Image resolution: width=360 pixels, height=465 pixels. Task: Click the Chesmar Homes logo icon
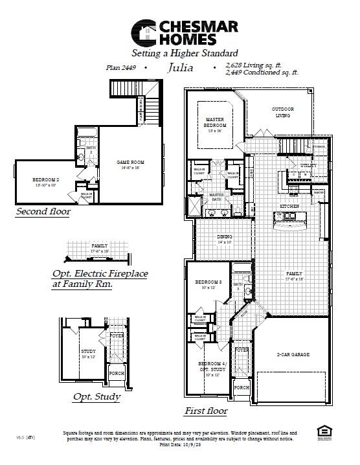tap(144, 32)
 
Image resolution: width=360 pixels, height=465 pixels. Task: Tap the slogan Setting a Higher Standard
tap(185, 52)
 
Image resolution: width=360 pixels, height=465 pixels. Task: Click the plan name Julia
tap(180, 67)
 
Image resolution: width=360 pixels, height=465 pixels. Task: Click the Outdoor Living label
tap(283, 112)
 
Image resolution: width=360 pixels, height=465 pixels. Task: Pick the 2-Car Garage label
tap(293, 355)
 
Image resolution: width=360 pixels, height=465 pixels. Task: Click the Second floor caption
tap(43, 211)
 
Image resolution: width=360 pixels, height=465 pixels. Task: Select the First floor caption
tap(205, 410)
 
